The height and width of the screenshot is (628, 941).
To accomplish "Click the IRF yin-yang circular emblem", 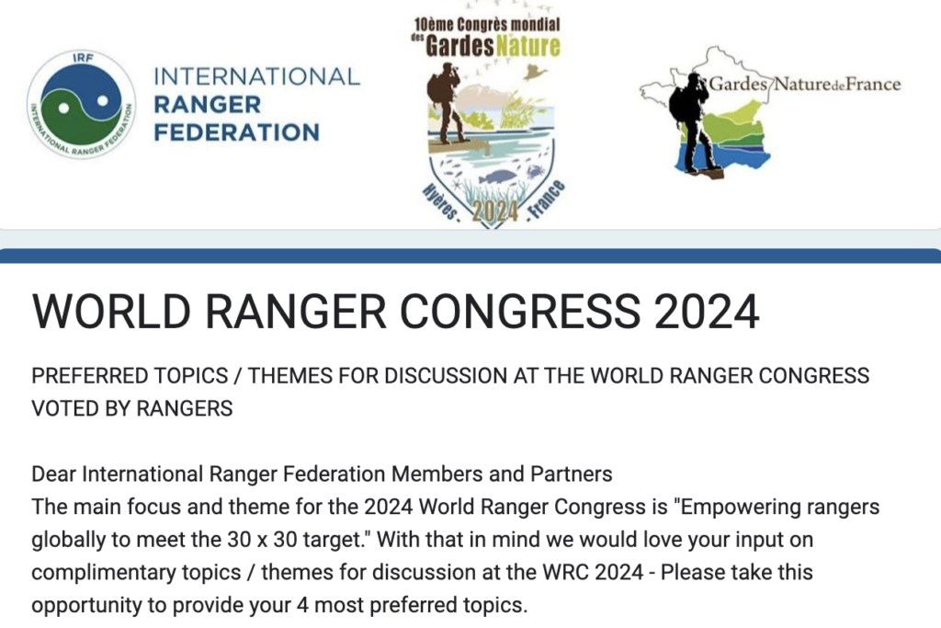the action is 82,105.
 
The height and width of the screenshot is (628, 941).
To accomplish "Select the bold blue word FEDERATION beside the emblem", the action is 236,132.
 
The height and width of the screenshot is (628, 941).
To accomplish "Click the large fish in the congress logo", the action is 498,177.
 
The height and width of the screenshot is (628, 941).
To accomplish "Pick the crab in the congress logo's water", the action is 534,172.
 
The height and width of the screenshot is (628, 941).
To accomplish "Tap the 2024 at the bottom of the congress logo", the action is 495,211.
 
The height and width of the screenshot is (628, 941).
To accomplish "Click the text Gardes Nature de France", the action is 805,84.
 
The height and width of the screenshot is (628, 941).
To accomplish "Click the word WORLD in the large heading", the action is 111,313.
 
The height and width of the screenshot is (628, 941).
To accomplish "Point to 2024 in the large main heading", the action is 707,313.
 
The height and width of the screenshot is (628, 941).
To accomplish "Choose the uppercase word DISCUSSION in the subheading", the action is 446,376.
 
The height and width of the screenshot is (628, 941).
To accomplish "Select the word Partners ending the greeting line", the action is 572,474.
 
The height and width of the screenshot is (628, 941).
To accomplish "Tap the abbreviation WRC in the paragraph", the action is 566,572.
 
